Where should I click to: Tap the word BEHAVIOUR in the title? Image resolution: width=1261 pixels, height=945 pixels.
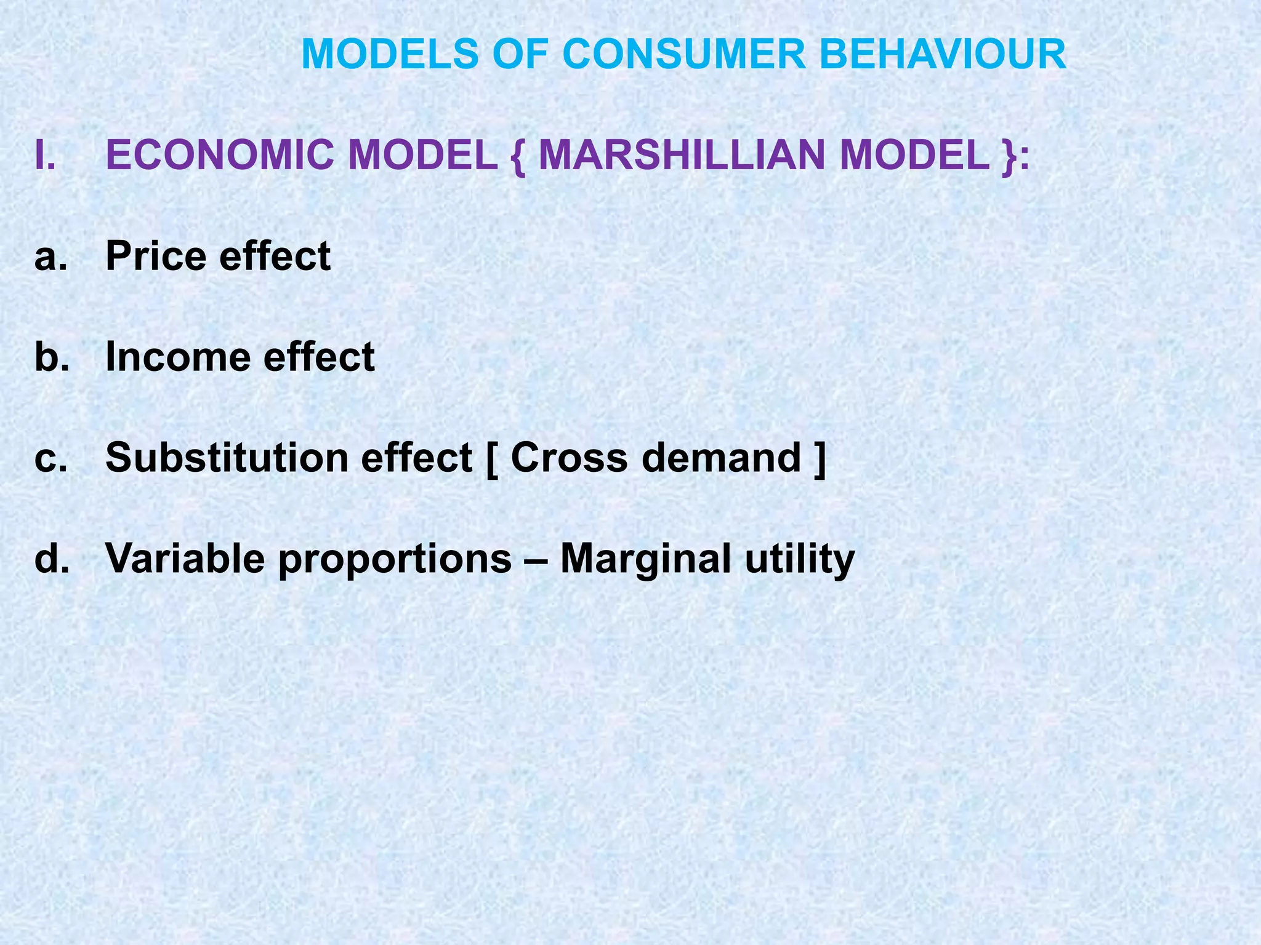click(943, 54)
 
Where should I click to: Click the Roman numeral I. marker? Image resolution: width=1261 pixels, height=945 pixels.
click(46, 155)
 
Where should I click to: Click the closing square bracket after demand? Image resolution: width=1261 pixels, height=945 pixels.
click(820, 459)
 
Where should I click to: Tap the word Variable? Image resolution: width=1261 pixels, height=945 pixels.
click(185, 559)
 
